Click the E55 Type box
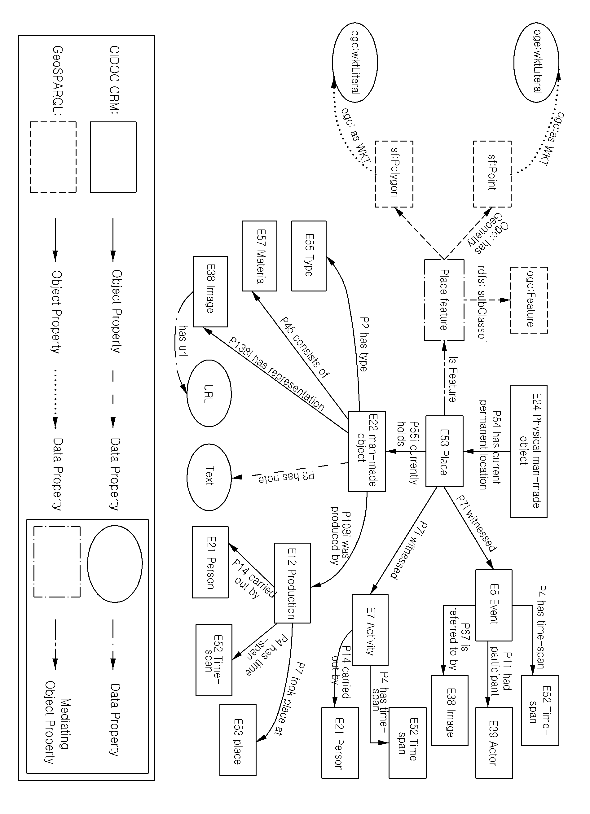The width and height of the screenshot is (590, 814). [309, 256]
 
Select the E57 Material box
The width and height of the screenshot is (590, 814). [259, 256]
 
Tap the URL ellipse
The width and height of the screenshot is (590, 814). [209, 393]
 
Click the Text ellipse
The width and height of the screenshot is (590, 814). [209, 477]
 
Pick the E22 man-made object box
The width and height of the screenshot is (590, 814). [367, 451]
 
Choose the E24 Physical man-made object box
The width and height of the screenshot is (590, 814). [529, 451]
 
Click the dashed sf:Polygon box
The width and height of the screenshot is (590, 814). [394, 174]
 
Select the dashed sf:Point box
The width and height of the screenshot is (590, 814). [492, 174]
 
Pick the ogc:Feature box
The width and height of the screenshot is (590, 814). [529, 300]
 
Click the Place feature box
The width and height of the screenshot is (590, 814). [444, 300]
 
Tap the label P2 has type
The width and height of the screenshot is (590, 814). [363, 344]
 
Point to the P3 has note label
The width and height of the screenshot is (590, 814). [287, 477]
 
